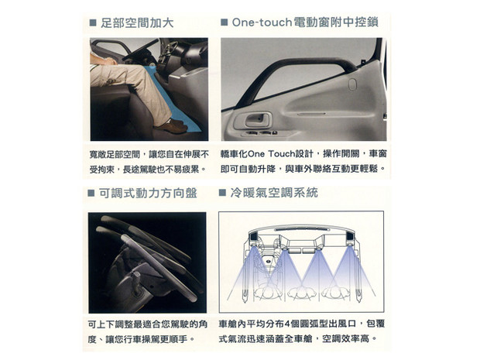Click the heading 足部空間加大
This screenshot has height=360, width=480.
[137, 23]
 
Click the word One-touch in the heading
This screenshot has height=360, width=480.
[262, 22]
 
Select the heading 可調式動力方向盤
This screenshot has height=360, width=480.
[148, 194]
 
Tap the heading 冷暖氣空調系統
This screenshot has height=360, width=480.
[274, 193]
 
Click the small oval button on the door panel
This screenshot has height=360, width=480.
[352, 84]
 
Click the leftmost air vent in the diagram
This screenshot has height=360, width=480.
[254, 237]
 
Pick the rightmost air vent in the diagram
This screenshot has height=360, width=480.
[349, 237]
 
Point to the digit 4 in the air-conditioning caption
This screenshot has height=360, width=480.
[287, 324]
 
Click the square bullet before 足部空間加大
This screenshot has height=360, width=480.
[93, 23]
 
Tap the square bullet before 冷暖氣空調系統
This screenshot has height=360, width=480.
[222, 193]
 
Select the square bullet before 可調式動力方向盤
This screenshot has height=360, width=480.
[91, 194]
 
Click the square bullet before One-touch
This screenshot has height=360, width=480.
[224, 22]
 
